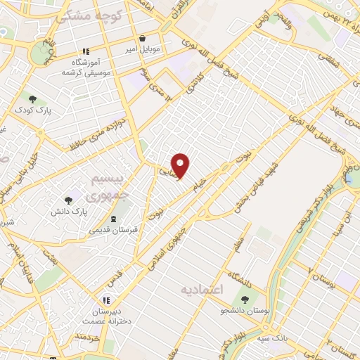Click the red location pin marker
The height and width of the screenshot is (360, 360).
click(181, 166)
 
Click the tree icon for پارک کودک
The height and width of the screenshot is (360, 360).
click(32, 98)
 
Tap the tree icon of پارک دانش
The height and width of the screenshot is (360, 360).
click(68, 201)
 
